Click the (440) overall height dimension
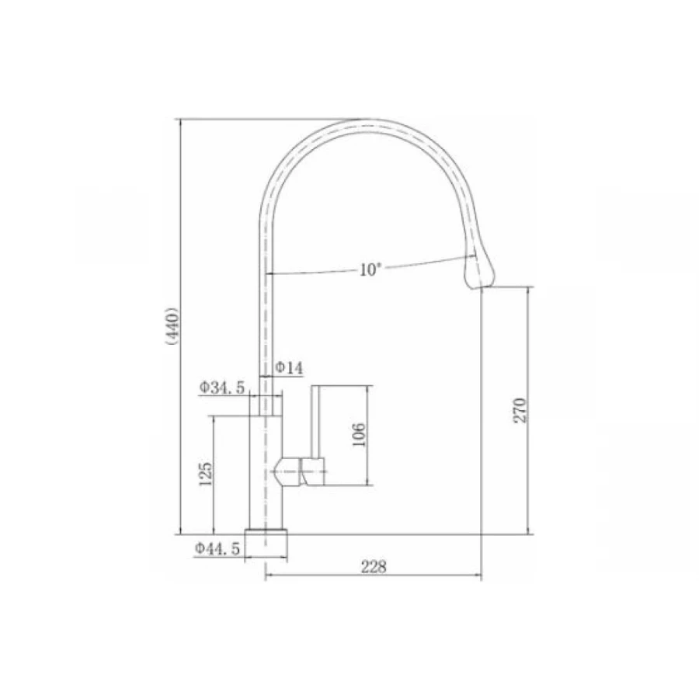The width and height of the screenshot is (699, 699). (172, 326)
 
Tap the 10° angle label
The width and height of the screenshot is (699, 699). (371, 270)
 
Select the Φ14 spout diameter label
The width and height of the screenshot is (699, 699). (289, 368)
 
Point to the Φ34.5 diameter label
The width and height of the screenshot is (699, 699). (221, 388)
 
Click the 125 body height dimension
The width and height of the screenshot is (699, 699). (206, 474)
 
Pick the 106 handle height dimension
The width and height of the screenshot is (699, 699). (359, 435)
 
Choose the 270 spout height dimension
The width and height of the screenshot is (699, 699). (520, 410)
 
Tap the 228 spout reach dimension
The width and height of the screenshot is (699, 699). (374, 567)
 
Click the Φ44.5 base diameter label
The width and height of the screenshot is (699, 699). (217, 548)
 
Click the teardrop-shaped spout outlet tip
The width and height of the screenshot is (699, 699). (478, 272)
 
